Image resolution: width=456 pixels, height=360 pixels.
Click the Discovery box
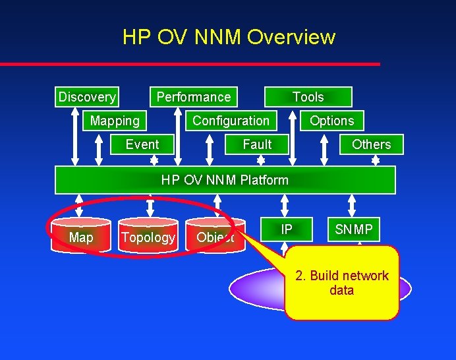[x=86, y=97]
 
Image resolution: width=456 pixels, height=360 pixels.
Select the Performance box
[x=194, y=97]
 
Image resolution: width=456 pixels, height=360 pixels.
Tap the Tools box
[x=308, y=97]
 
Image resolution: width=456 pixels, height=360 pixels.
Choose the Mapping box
[x=115, y=121]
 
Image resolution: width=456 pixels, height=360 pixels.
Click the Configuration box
[x=231, y=121]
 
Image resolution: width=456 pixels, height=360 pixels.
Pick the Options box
[x=331, y=121]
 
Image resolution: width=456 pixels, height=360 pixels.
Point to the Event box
[x=142, y=144]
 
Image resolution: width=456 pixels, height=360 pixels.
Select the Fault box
[x=257, y=144]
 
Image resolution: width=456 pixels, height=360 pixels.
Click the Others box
[x=371, y=144]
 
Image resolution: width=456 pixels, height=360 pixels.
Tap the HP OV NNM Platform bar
[x=225, y=180]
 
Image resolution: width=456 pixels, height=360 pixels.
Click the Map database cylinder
[x=81, y=237]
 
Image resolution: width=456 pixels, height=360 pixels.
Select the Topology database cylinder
[x=148, y=237]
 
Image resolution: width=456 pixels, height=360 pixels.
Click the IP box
[x=287, y=229]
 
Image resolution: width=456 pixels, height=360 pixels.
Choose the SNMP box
[x=354, y=229]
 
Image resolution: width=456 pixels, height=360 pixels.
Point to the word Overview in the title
[x=291, y=37]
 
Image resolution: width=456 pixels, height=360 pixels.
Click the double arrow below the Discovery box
[x=76, y=135]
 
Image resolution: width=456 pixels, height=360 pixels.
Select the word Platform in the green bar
[x=264, y=180]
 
